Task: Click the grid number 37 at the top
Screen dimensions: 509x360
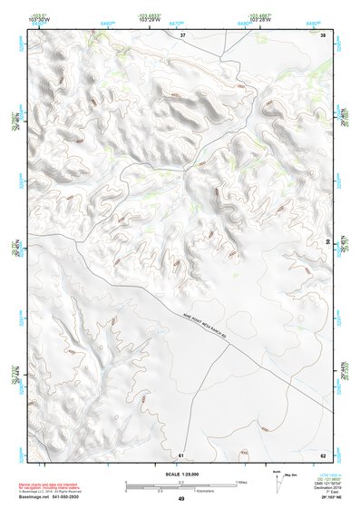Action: [x=182, y=34]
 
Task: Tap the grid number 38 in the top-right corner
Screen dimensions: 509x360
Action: [x=323, y=34]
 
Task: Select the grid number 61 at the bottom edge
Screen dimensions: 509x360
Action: [x=181, y=453]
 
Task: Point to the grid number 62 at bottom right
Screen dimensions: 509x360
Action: [x=323, y=453]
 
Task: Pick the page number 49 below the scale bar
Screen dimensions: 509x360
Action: [x=181, y=498]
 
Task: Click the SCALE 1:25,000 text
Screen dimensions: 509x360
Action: [x=180, y=474]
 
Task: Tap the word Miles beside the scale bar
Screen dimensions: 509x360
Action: [x=242, y=481]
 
